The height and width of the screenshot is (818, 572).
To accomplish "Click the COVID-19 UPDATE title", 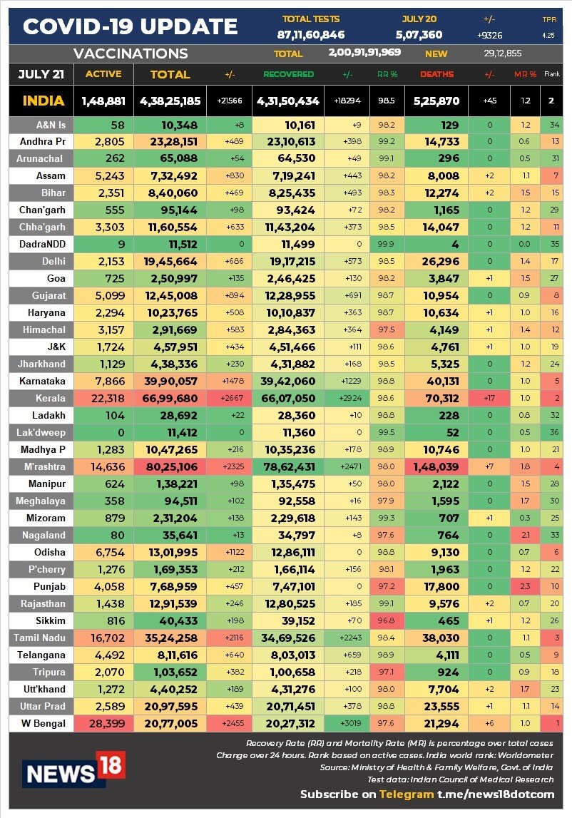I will pyautogui.click(x=131, y=26).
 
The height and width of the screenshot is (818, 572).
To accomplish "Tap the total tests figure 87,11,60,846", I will pyautogui.click(x=311, y=34).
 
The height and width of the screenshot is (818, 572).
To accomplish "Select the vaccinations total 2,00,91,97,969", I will pyautogui.click(x=364, y=53).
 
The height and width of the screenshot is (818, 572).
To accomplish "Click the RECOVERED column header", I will pyautogui.click(x=288, y=74).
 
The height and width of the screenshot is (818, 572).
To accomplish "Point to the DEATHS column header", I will pyautogui.click(x=436, y=74).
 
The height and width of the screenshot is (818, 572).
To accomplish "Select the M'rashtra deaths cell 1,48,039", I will pyautogui.click(x=436, y=466).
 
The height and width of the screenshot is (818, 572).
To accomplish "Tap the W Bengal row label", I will pyautogui.click(x=43, y=723).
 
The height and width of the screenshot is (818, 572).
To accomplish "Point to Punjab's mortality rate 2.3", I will pyautogui.click(x=526, y=586).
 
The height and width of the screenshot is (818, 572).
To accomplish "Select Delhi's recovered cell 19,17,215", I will pyautogui.click(x=288, y=261).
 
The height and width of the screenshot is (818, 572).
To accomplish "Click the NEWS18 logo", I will pyautogui.click(x=73, y=769).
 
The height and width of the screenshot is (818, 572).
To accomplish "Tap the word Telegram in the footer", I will pyautogui.click(x=406, y=794).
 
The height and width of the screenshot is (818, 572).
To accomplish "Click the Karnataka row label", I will pyautogui.click(x=43, y=381).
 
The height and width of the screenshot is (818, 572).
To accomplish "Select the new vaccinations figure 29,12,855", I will pyautogui.click(x=503, y=53).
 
